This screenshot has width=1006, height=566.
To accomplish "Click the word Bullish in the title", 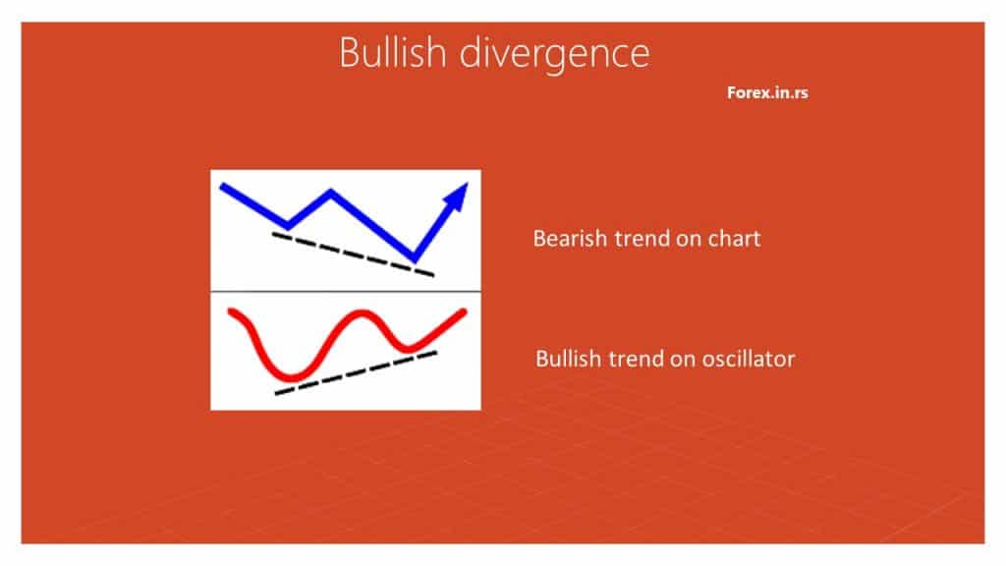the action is pos(392,52).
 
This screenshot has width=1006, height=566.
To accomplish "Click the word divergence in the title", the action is pos(555,55).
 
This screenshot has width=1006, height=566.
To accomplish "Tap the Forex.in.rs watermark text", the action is pos(767,92).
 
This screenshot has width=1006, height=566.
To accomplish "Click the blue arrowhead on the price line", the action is pos(457,196).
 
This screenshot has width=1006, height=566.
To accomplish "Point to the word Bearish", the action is pos(570,238).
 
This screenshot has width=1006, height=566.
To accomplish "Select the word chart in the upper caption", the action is pos(734,238).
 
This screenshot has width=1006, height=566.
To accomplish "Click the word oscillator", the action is pos(748,358).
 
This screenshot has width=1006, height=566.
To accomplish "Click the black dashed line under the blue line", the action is pos(353,255).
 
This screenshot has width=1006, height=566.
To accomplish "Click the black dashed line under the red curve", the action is pos(356,372).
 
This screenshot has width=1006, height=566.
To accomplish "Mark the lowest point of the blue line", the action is pos(415,258).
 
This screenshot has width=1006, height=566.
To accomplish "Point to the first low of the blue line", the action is pos(288,226).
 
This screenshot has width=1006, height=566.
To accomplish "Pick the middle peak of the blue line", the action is pos(330,192).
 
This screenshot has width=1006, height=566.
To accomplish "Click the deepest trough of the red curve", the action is pos(292,377).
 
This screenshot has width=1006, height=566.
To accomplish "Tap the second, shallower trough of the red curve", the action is pos(407,349).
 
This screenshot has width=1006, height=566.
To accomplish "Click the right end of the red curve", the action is pos(464,311).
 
